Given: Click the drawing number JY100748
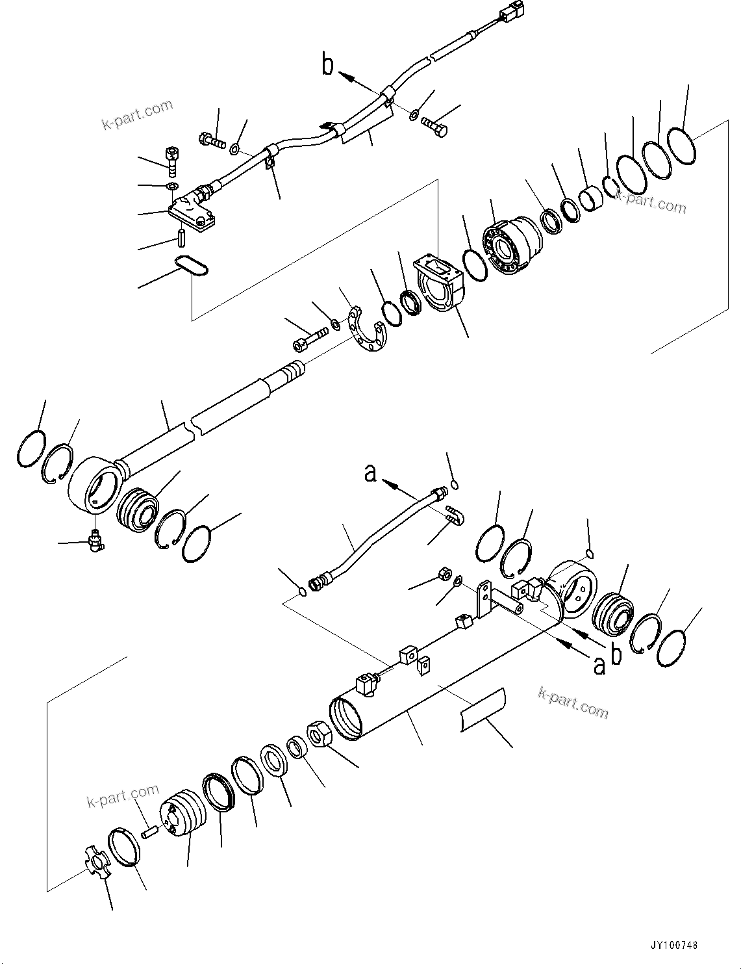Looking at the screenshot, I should [672, 946].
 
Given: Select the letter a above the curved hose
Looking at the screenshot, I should [370, 473].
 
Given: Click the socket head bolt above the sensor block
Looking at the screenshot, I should [172, 160].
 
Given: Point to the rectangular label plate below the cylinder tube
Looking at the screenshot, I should [483, 710].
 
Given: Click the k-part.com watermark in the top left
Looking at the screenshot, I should [137, 114].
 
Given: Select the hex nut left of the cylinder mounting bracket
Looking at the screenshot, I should [445, 574].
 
